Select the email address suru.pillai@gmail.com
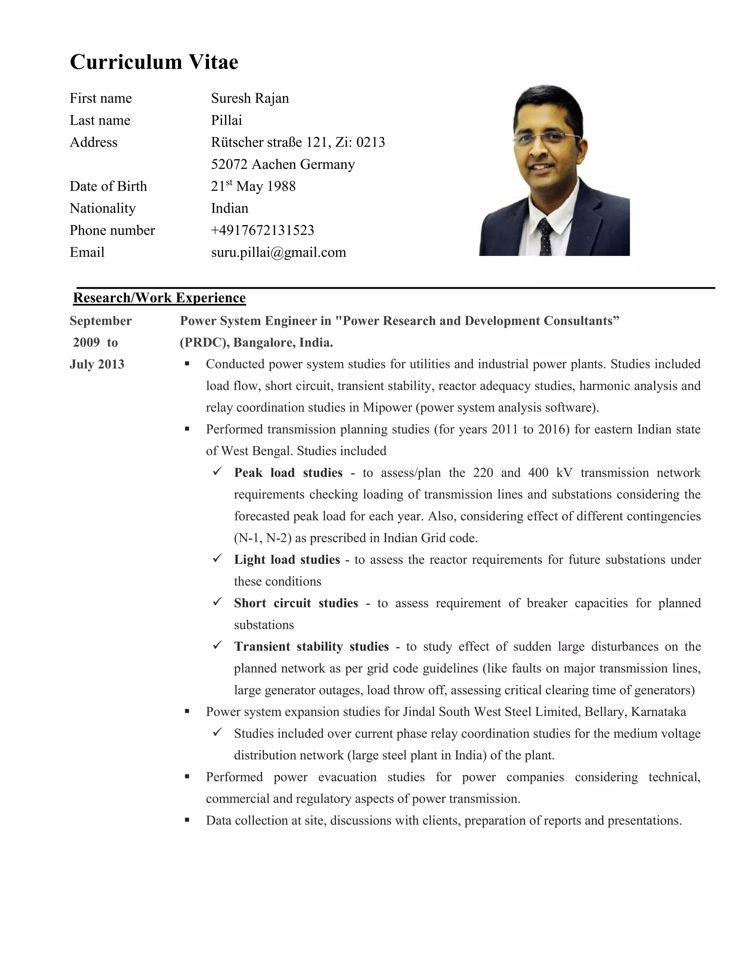(278, 252)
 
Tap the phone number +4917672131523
(263, 230)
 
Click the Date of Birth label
(108, 186)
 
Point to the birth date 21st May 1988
(253, 186)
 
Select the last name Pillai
(226, 120)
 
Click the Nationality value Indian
(229, 208)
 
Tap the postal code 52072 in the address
(229, 164)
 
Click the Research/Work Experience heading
(159, 298)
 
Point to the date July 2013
(97, 364)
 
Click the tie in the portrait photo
(545, 236)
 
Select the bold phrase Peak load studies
(288, 473)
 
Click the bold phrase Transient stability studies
(311, 647)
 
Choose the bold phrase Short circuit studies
(296, 603)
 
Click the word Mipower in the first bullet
(387, 408)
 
